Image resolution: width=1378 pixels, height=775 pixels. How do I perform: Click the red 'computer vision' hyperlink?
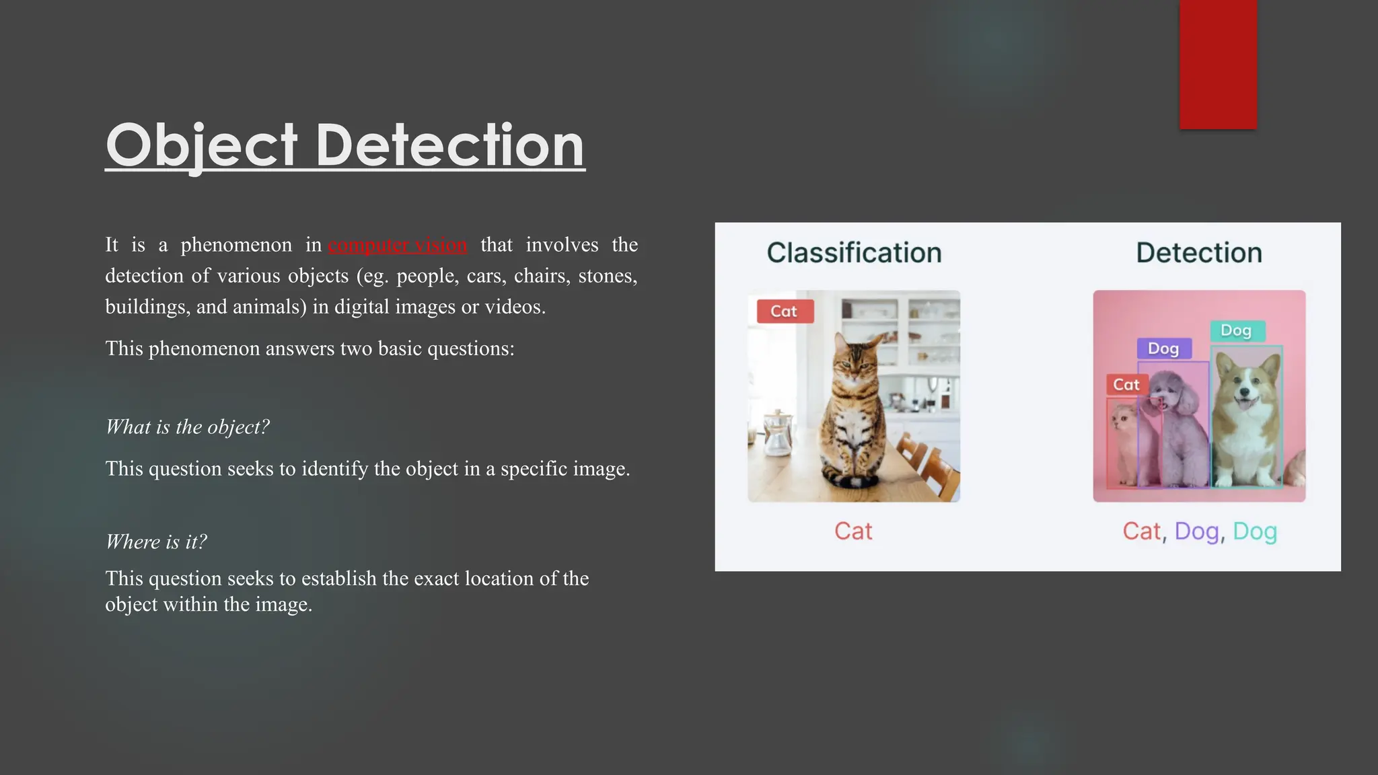[397, 245]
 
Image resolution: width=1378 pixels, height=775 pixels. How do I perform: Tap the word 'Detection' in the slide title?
[449, 145]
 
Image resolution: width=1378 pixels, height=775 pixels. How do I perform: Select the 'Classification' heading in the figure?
[854, 253]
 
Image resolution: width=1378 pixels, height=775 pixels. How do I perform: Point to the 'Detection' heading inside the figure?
[1199, 253]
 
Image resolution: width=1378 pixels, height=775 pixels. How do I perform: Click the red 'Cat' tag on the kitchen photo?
[785, 311]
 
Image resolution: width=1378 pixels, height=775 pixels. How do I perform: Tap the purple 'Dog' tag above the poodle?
[1163, 348]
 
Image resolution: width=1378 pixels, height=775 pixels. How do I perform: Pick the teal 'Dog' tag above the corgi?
[1237, 331]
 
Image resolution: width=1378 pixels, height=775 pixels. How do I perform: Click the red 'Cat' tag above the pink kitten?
[1126, 385]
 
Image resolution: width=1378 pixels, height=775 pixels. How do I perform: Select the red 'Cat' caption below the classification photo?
[853, 531]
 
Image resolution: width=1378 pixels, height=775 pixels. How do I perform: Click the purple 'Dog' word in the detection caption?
[1196, 531]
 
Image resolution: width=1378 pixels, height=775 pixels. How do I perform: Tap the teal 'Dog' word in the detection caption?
[1255, 531]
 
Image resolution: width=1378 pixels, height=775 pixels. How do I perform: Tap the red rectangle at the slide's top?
[1218, 64]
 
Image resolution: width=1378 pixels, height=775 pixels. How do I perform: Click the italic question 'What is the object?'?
[188, 427]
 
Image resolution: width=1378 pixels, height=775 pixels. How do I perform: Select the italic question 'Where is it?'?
[156, 542]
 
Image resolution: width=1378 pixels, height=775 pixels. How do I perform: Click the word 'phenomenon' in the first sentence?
[236, 245]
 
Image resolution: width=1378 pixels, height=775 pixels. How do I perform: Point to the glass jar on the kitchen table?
[777, 434]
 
